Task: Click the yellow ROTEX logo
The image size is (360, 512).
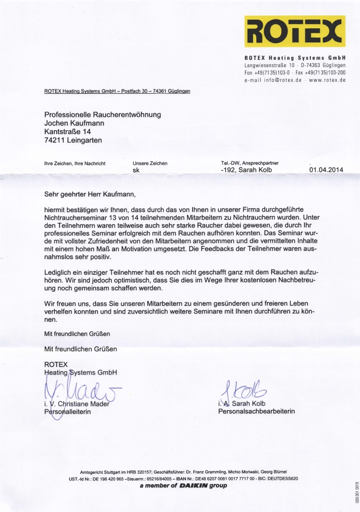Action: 295,32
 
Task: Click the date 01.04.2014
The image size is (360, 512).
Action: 326,170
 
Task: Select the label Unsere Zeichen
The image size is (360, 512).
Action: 150,163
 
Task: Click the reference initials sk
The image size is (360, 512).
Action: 136,170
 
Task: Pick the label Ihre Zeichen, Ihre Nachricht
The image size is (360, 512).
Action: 74,163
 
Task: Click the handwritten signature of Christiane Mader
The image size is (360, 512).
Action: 82,390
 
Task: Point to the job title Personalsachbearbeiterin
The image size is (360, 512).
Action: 256,411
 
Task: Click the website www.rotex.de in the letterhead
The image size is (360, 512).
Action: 327,80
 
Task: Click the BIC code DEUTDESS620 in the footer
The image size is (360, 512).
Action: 279,478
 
